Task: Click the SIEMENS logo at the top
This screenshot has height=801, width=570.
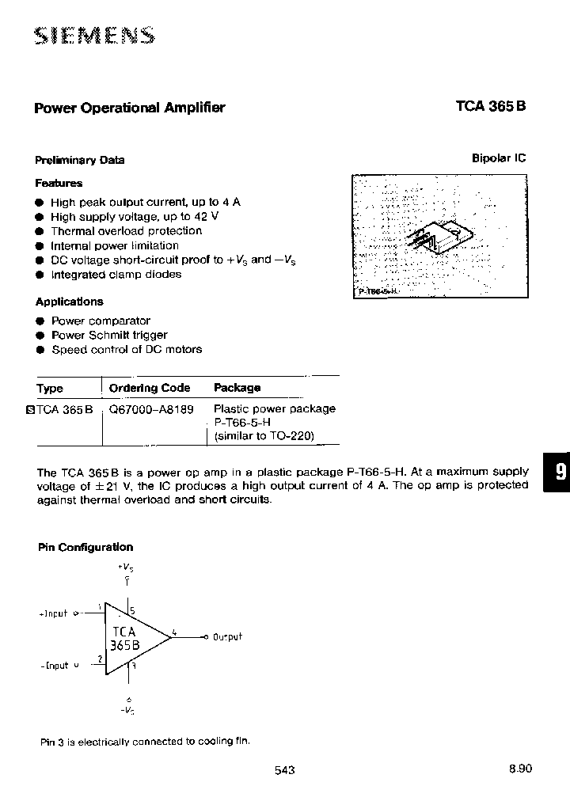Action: (94, 36)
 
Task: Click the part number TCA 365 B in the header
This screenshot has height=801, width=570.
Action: (491, 108)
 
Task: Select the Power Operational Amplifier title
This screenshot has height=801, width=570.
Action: (130, 108)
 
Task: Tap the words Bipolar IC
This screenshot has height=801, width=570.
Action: (499, 158)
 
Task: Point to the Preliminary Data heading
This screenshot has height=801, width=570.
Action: (80, 160)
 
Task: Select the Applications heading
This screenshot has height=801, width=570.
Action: (69, 302)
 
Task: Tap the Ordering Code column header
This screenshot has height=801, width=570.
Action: (150, 388)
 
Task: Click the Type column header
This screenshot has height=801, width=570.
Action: (50, 389)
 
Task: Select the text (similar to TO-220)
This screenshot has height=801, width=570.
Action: (264, 436)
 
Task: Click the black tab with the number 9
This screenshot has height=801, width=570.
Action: (557, 473)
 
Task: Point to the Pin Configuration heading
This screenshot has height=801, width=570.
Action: (85, 547)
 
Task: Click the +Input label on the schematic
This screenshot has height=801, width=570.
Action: (54, 613)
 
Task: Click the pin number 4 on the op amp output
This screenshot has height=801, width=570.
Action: (174, 632)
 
